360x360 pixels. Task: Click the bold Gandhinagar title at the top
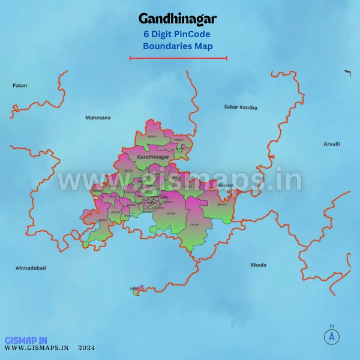point(178,19)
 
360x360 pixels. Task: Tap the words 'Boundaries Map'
point(178,46)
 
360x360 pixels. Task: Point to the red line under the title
point(178,58)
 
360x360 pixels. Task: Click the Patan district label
point(20,86)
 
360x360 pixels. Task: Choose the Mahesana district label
point(98,118)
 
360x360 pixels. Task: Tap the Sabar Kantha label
point(241,107)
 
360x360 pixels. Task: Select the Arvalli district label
point(332,144)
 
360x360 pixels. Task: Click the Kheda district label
point(259,265)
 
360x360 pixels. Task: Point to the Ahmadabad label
point(31,268)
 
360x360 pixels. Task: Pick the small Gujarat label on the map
point(226,185)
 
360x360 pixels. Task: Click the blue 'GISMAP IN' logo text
point(26,340)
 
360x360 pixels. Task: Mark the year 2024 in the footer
point(86,347)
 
